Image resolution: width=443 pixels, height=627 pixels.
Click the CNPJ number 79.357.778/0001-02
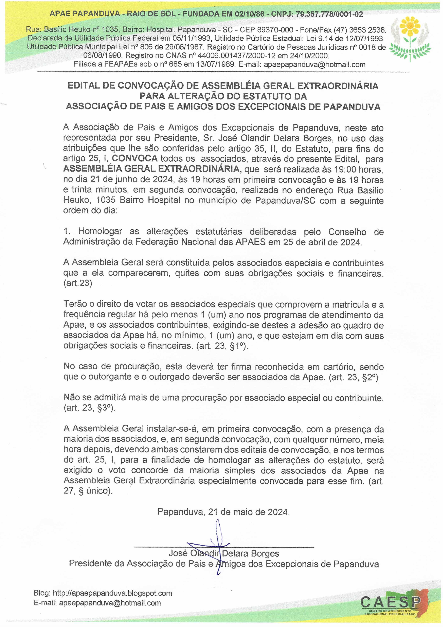329,14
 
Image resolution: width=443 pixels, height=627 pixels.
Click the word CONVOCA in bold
135,159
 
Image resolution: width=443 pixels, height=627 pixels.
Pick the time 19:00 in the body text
343,170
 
